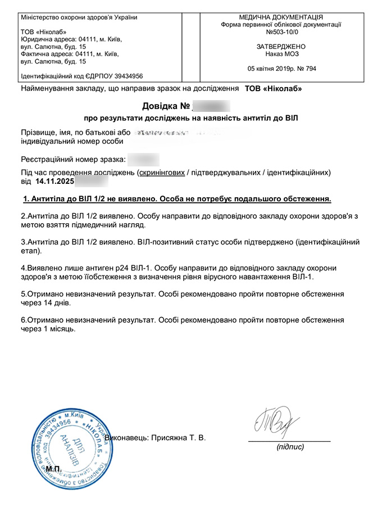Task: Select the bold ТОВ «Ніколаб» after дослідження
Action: point(273,89)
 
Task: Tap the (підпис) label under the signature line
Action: point(290,447)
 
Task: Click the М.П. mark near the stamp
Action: point(54,468)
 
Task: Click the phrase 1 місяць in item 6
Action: point(58,329)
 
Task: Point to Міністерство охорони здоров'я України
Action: point(79,17)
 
